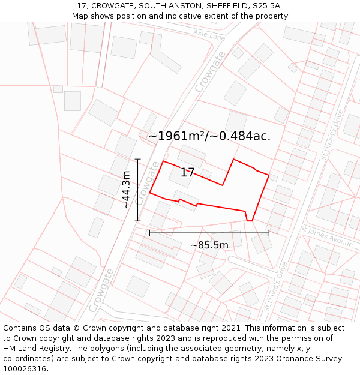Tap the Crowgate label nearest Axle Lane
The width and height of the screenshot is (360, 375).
click(211, 72)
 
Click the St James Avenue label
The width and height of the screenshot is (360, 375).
click(327, 235)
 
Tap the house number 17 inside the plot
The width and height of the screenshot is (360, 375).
click(187, 173)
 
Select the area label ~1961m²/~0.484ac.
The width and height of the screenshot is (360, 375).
click(209, 136)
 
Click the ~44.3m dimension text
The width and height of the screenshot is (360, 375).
click(126, 190)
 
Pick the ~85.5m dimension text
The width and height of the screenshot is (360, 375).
click(209, 245)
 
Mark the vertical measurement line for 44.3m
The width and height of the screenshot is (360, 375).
click(137, 190)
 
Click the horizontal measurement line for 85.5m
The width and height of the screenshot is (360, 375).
click(209, 233)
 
